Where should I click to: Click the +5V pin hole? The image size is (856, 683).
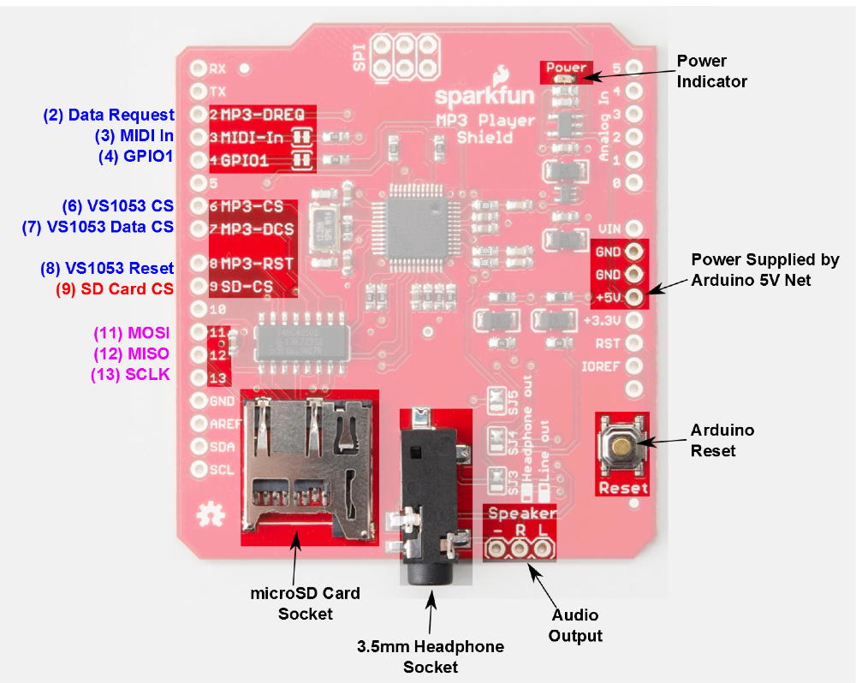click(x=633, y=297)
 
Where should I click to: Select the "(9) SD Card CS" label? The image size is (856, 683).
click(x=115, y=288)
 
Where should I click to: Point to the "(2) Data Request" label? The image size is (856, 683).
click(x=109, y=115)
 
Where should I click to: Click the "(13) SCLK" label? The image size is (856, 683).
click(x=130, y=374)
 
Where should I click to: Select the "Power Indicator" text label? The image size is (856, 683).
click(x=711, y=71)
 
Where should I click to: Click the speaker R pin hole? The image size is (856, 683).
click(x=520, y=549)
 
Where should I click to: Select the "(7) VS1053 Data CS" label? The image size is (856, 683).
click(x=98, y=227)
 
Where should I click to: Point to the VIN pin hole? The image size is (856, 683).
click(x=633, y=229)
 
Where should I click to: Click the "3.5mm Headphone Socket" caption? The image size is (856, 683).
click(x=431, y=656)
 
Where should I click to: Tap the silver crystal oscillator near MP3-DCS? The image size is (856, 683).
click(x=324, y=229)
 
